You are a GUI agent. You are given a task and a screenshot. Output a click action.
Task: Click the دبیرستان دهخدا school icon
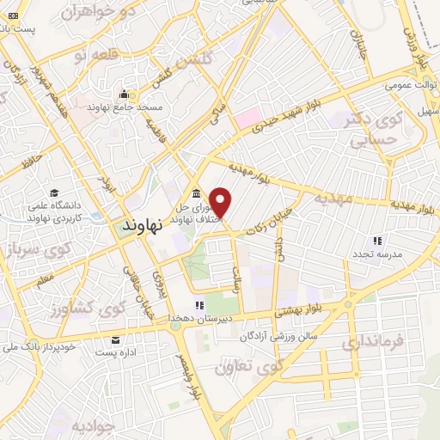(x=199, y=304)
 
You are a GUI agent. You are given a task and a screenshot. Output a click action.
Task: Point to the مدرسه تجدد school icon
(x=377, y=241)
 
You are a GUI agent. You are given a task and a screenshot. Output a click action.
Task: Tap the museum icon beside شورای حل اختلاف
(x=196, y=192)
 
